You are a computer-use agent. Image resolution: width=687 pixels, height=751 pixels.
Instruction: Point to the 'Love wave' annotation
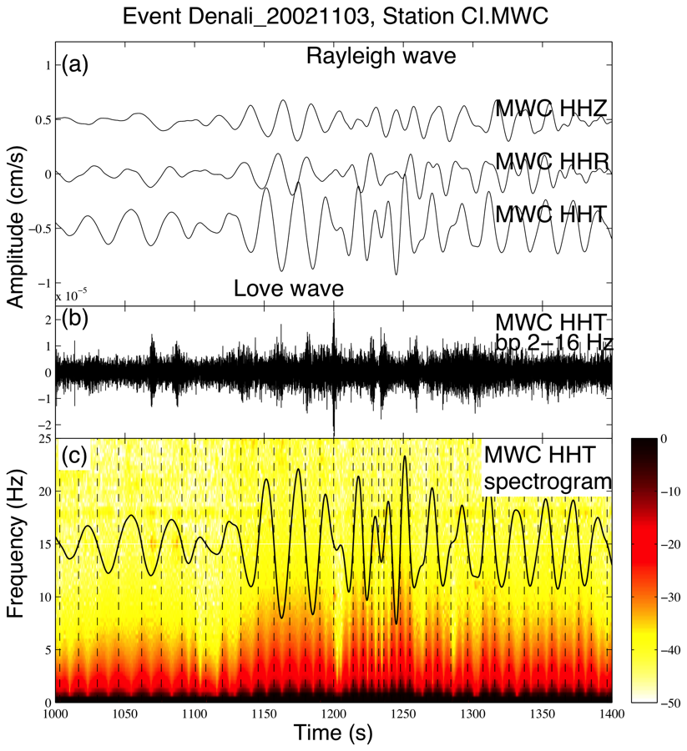289,288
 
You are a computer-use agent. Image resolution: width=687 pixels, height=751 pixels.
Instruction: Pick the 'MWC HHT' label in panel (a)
549,213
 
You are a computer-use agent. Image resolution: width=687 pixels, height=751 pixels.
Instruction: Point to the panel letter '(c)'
74,456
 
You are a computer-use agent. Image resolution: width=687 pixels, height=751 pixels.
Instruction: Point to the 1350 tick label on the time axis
543,714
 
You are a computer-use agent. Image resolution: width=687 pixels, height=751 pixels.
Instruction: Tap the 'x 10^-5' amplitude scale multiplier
72,296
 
